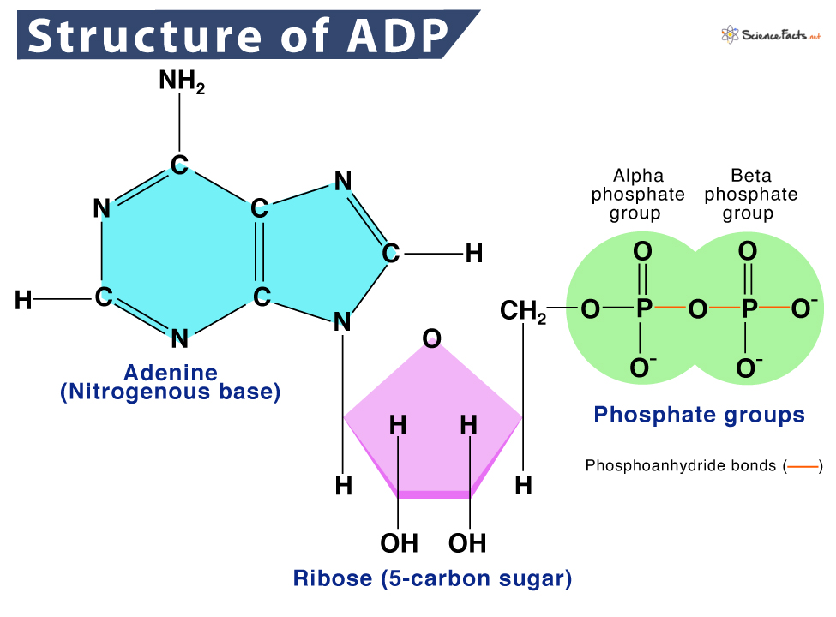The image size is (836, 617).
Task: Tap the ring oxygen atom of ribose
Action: coord(431,338)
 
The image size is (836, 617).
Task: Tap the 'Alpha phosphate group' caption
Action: coord(638,195)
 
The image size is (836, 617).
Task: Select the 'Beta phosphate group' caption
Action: coord(750,195)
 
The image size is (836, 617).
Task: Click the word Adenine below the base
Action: coord(171,373)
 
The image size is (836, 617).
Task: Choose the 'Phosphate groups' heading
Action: coord(699,416)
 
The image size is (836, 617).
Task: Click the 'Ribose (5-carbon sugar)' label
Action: coord(432,578)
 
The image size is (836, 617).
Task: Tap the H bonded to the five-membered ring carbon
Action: coord(473,253)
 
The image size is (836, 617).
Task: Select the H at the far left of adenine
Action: coord(24,300)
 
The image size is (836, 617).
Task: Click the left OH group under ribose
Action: coord(399,542)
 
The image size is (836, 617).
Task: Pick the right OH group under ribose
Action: coord(468,542)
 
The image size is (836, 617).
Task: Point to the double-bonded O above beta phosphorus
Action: coord(748,252)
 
